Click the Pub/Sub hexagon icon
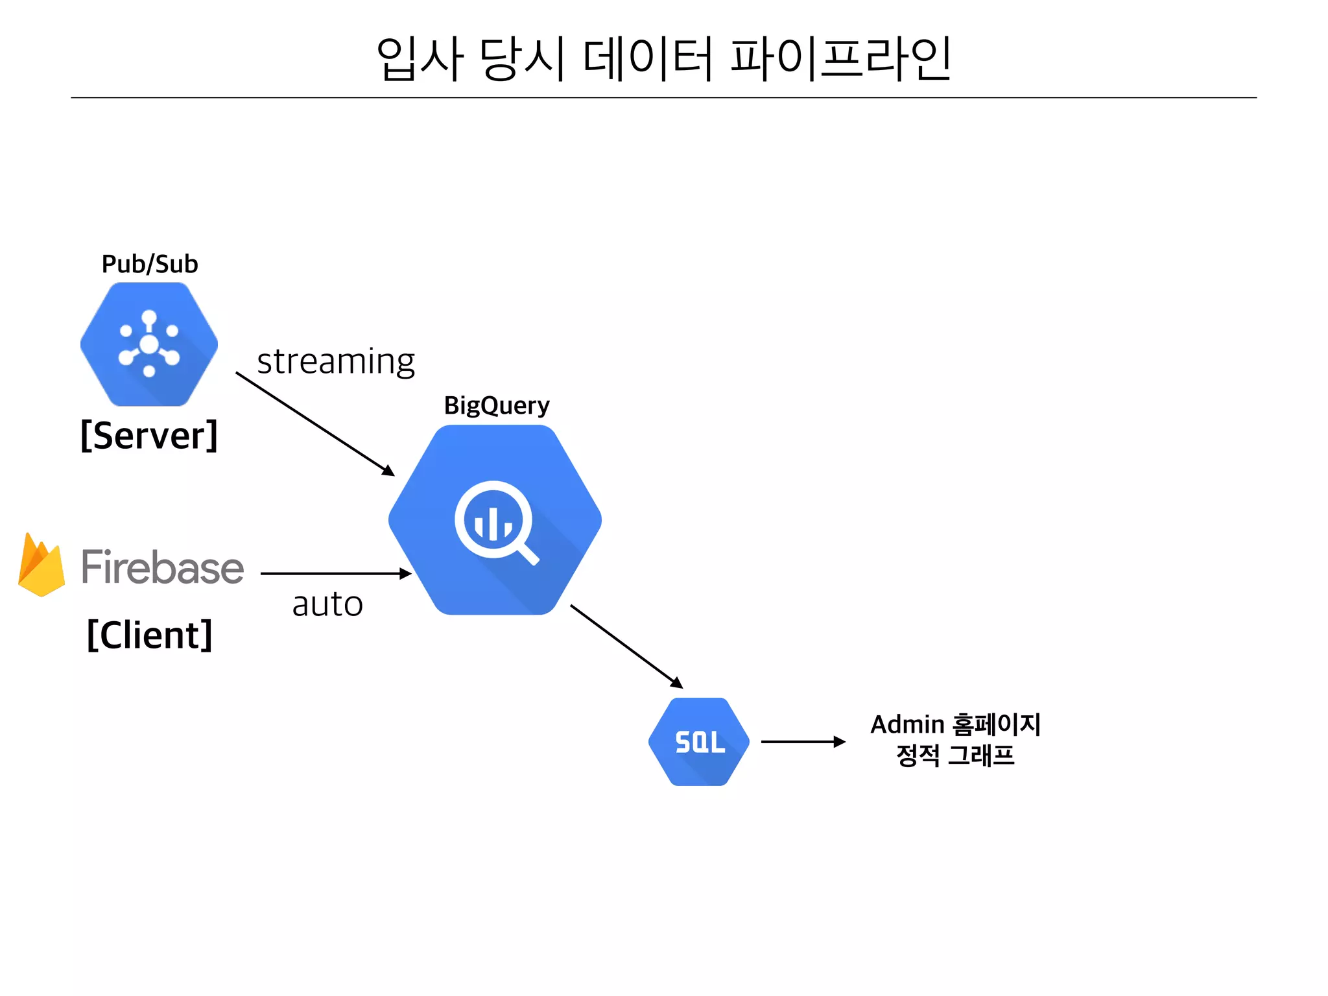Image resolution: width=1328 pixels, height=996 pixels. pyautogui.click(x=149, y=344)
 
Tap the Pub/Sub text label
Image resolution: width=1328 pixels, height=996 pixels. pyautogui.click(x=150, y=265)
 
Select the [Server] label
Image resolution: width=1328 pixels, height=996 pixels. pyautogui.click(x=149, y=435)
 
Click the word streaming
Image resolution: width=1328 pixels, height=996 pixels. pyautogui.click(x=336, y=362)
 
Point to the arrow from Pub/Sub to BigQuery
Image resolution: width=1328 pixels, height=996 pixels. pyautogui.click(x=314, y=423)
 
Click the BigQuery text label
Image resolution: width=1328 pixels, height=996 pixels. pyautogui.click(x=497, y=406)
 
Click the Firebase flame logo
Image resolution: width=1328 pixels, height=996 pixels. pyautogui.click(x=41, y=565)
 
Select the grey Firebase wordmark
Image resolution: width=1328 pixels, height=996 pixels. pyautogui.click(x=162, y=567)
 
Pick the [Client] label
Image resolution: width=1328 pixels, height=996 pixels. pyautogui.click(x=150, y=634)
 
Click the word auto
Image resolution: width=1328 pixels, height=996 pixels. pyautogui.click(x=327, y=604)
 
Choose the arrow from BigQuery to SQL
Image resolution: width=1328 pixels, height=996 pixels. pyautogui.click(x=626, y=646)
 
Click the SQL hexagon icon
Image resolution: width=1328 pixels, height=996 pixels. pyautogui.click(x=699, y=742)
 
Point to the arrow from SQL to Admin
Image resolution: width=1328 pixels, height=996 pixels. pyautogui.click(x=803, y=742)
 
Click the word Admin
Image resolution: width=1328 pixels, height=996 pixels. pyautogui.click(x=907, y=725)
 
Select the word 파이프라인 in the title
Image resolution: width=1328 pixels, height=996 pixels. pyautogui.click(x=841, y=59)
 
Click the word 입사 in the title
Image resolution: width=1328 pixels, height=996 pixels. pyautogui.click(x=420, y=59)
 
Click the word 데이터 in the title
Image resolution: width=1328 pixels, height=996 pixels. pyautogui.click(x=648, y=59)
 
